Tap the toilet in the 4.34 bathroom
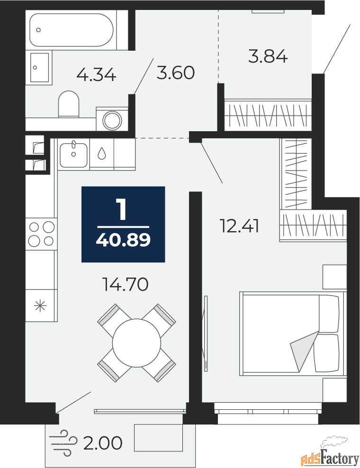pyautogui.click(x=69, y=104)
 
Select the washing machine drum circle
pyautogui.click(x=113, y=120)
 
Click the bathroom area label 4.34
pyautogui.click(x=96, y=75)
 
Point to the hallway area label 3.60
pyautogui.click(x=176, y=72)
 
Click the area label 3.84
pyautogui.click(x=268, y=56)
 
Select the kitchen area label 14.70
pyautogui.click(x=125, y=284)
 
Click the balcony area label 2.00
pyautogui.click(x=103, y=443)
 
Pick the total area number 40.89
pyautogui.click(x=123, y=240)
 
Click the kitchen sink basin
pyautogui.click(x=74, y=155)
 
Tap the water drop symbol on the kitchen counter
pyautogui.click(x=102, y=153)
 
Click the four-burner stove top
pyautogui.click(x=41, y=234)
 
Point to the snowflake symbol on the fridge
pyautogui.click(x=40, y=306)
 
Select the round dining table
pyautogui.click(x=136, y=343)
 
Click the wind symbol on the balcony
pyautogui.click(x=64, y=442)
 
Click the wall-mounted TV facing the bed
pyautogui.click(x=206, y=333)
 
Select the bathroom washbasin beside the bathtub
pyautogui.click(x=39, y=67)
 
